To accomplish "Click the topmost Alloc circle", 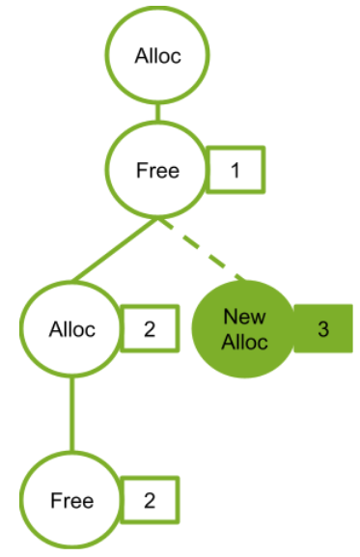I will click(158, 56).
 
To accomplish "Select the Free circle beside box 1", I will click(158, 170).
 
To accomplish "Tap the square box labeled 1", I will click(235, 171).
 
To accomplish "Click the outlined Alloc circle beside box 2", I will click(72, 328).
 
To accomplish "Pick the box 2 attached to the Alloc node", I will click(149, 328).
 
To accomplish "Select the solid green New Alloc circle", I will click(244, 328).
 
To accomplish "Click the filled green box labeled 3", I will click(323, 328).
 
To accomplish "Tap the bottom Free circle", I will click(72, 500).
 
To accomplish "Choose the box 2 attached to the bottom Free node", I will click(149, 500).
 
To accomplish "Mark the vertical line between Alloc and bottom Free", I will click(71, 415).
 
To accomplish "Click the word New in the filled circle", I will click(244, 317).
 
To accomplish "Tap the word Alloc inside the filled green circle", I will click(244, 341).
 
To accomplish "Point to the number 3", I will click(323, 328).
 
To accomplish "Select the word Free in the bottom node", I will click(72, 500).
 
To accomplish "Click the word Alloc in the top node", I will click(158, 56).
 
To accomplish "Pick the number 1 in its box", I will click(235, 171).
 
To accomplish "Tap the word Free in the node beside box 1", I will click(158, 170).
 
